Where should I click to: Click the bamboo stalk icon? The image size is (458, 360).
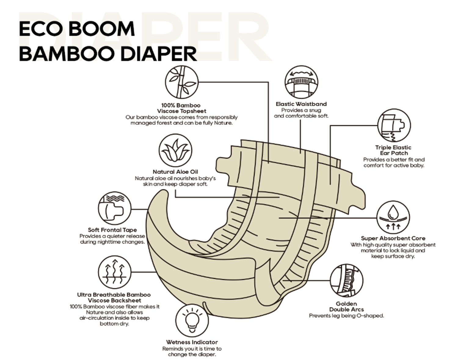(x=182, y=82)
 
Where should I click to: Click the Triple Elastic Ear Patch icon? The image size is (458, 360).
(x=394, y=126)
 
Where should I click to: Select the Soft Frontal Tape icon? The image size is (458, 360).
(x=114, y=208)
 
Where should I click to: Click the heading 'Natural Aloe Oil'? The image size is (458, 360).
(x=175, y=172)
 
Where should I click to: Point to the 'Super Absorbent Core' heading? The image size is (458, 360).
(x=393, y=238)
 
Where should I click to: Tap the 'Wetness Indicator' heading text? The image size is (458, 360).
(x=192, y=342)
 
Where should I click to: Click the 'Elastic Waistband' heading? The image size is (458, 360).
(x=301, y=104)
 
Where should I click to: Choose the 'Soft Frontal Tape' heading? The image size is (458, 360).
(x=112, y=230)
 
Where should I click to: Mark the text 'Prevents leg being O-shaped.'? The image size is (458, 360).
(x=346, y=316)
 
